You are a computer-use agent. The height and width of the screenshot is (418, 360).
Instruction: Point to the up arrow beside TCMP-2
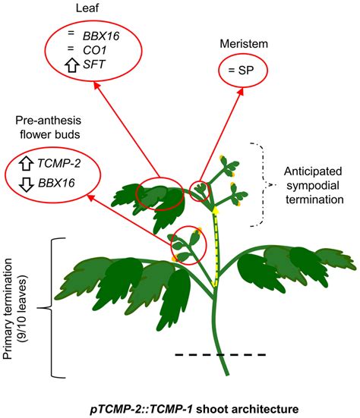coord(24,162)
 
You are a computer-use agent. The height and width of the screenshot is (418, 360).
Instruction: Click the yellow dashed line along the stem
coord(216,243)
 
